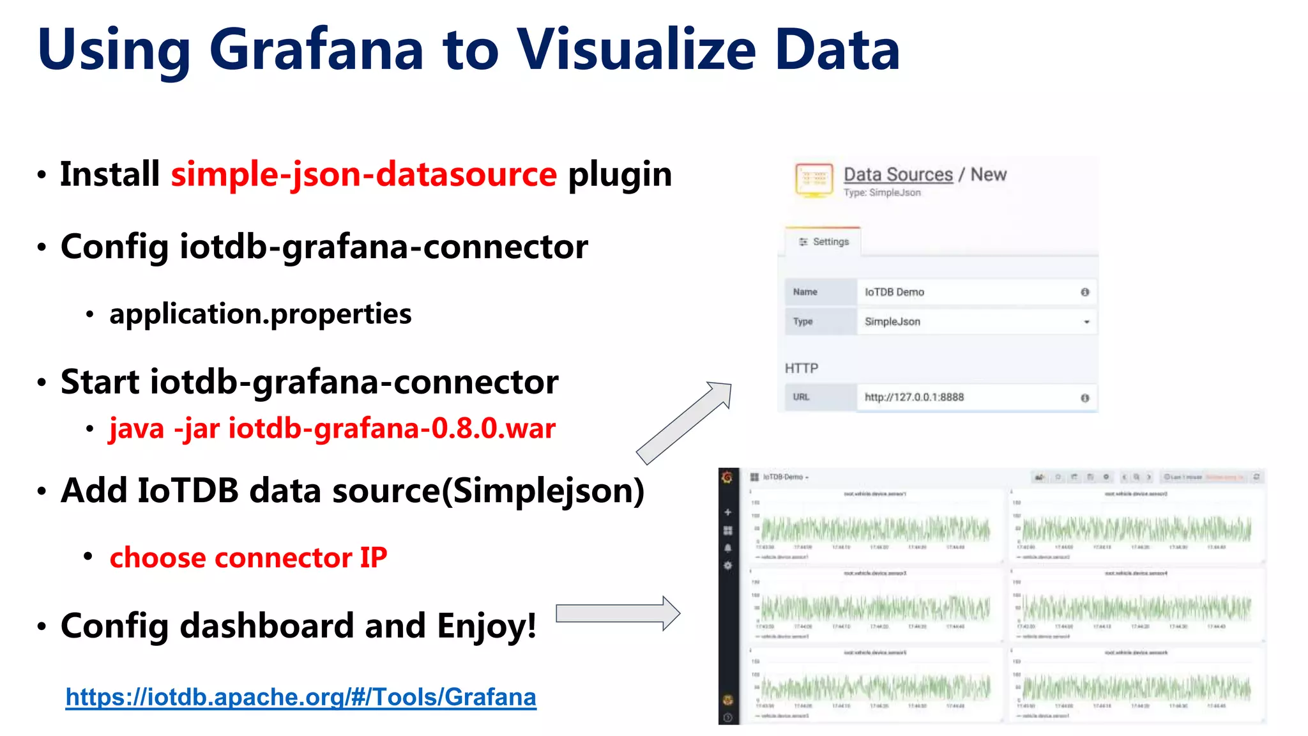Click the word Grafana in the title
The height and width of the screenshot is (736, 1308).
pos(316,50)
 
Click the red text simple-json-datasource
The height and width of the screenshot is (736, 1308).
pos(363,174)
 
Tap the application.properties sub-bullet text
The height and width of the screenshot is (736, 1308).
pos(260,314)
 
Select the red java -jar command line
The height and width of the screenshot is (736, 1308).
pos(332,428)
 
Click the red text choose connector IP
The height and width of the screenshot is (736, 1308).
pos(248,558)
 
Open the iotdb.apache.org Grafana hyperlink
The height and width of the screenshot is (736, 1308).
pos(301,697)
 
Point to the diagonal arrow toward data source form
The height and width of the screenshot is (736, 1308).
pos(684,423)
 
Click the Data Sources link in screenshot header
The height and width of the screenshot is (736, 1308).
pos(897,174)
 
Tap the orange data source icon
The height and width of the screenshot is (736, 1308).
pos(814,180)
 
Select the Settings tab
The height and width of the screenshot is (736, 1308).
pos(823,242)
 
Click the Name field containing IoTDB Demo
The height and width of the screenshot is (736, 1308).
pos(968,292)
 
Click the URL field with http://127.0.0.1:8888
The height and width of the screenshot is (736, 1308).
pos(968,397)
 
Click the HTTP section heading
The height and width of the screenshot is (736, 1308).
pos(801,369)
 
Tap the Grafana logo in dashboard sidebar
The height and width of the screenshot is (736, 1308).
pos(727,478)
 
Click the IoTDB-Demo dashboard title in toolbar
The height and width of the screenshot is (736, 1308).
pos(785,477)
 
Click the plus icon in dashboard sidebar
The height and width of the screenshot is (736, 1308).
pos(727,512)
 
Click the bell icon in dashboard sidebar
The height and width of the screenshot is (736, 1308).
pos(727,548)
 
